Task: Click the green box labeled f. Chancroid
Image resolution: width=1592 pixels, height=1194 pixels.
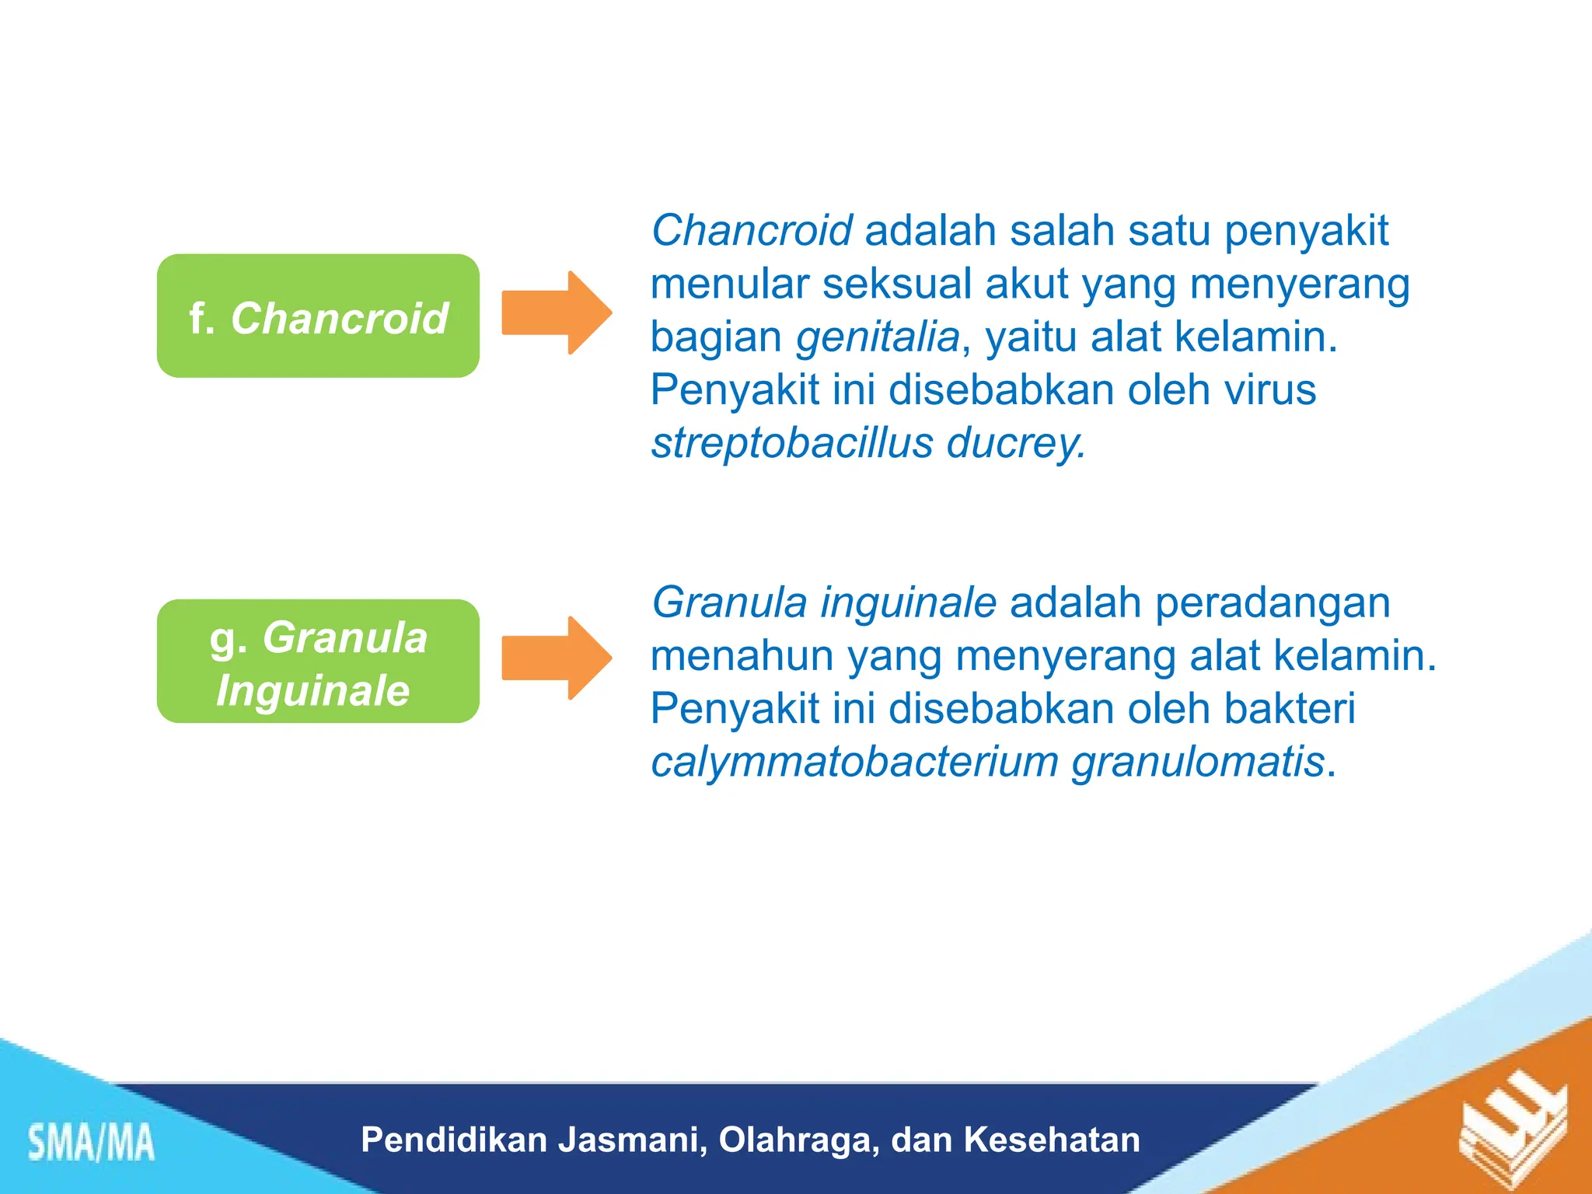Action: click(318, 316)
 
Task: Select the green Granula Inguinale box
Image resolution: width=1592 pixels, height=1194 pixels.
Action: click(318, 662)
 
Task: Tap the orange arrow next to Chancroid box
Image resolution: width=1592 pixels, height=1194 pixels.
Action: click(557, 312)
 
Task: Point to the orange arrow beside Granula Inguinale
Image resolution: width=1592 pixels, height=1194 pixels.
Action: click(557, 658)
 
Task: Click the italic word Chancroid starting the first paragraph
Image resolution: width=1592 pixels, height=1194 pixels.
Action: click(751, 230)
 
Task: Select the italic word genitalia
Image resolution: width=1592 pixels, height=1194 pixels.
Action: click(878, 337)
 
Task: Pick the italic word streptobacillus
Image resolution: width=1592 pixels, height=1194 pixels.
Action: click(791, 443)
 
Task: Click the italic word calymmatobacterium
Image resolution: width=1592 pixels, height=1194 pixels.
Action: click(854, 763)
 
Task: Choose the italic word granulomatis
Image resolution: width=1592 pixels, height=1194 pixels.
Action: click(1197, 763)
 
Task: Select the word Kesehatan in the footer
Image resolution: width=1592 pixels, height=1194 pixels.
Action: click(1052, 1140)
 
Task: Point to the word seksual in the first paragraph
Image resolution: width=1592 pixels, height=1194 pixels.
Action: click(897, 284)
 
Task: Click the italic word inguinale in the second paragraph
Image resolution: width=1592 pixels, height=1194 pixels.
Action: click(908, 602)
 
